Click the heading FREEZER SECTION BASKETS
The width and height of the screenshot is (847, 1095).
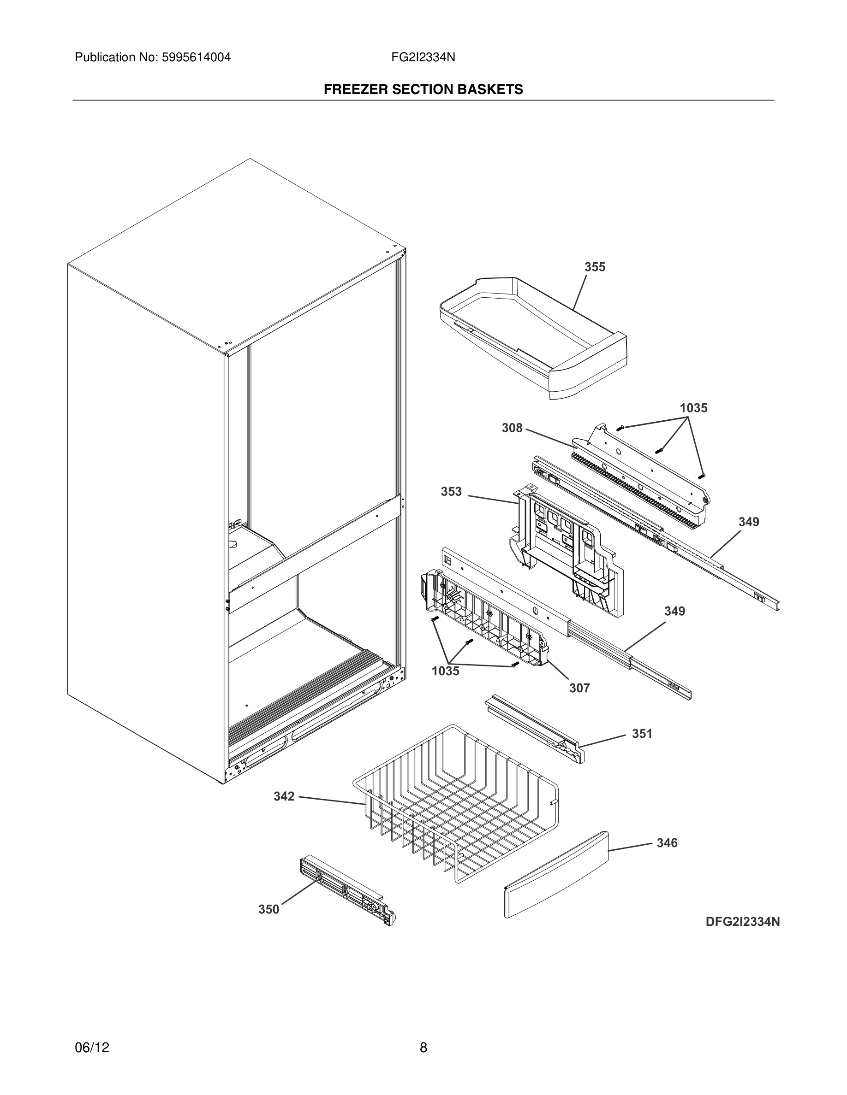point(423,89)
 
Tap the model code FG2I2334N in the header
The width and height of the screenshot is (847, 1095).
point(423,58)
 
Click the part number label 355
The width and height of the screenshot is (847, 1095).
point(595,267)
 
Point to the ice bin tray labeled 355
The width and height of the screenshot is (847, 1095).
point(532,336)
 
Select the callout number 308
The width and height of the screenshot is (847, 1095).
point(512,428)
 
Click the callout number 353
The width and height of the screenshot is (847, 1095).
point(451,491)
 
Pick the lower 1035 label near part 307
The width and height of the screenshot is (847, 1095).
point(446,671)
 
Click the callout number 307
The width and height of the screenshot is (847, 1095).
point(579,688)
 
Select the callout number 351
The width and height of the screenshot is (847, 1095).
point(642,734)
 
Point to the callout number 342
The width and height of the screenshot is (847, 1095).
point(284,796)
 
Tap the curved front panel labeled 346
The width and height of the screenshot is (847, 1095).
point(556,875)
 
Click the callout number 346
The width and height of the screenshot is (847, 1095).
point(667,843)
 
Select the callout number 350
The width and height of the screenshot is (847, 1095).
point(268,909)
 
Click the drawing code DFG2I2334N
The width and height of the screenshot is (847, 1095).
point(743,922)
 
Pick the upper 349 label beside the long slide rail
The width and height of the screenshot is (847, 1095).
point(749,522)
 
